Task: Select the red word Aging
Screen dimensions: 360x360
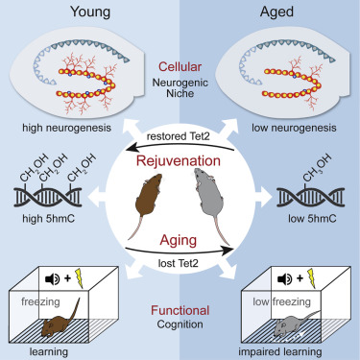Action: coord(181,245)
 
